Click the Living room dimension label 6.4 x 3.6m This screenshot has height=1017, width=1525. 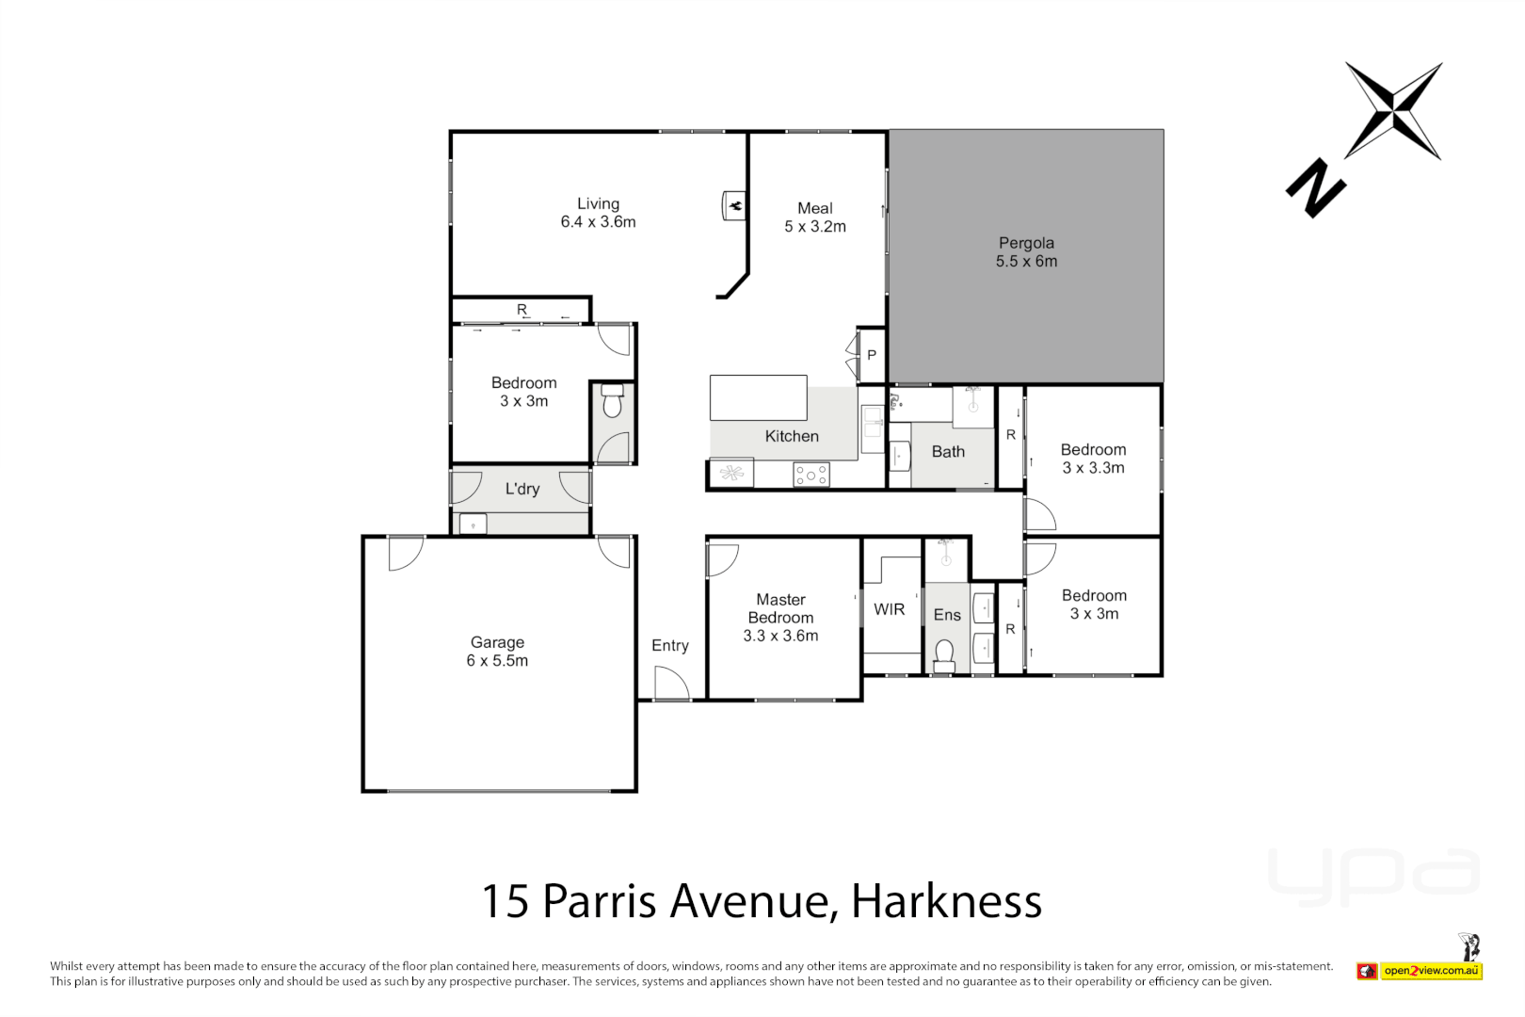pos(598,222)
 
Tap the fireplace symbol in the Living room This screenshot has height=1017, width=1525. pos(734,204)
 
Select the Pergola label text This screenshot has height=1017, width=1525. pos(1026,243)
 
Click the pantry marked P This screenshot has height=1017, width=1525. pos(872,355)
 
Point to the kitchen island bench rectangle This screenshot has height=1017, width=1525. pos(758,397)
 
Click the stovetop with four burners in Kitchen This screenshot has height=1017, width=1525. pos(811,475)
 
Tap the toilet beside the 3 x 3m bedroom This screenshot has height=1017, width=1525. pos(613,402)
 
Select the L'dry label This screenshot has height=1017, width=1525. pos(522,489)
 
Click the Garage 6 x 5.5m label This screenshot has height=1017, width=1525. pos(497,652)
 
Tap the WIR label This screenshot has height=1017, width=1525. pos(889,609)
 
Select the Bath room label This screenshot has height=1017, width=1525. pos(948,452)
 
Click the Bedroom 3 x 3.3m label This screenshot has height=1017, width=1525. pos(1093,459)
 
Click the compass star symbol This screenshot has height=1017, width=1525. pos(1393,111)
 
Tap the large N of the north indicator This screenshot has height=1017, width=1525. pos(1315,188)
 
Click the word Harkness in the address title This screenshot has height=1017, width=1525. pos(946,901)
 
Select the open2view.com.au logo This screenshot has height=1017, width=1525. pos(1431,970)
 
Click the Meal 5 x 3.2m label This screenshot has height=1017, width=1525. pos(815,218)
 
